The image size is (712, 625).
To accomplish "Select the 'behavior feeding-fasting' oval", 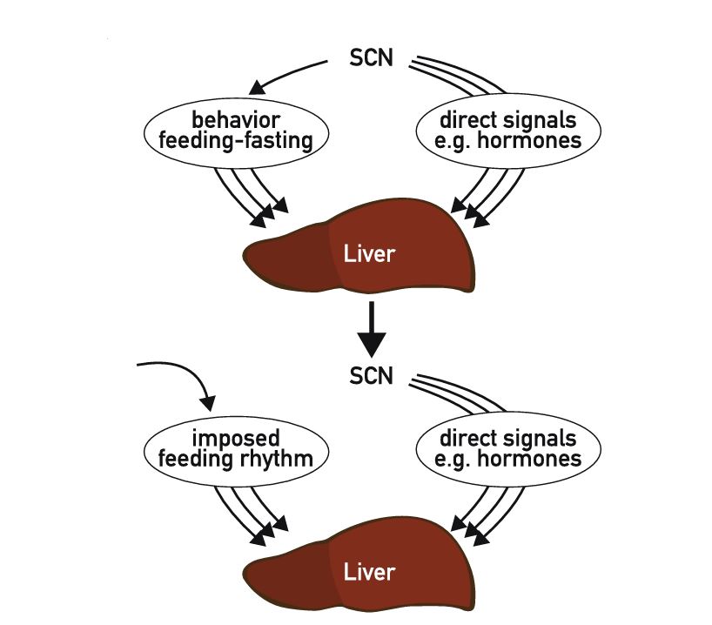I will point(228,131).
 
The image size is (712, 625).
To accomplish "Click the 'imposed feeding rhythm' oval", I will point(228,447).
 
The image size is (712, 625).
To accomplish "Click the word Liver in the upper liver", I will point(370,254).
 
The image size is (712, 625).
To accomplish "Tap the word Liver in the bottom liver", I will point(370,572).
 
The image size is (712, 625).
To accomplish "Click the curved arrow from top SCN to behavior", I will point(287,75).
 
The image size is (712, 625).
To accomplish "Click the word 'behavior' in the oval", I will point(229,119).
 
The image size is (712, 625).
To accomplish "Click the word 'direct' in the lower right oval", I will point(466,435).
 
